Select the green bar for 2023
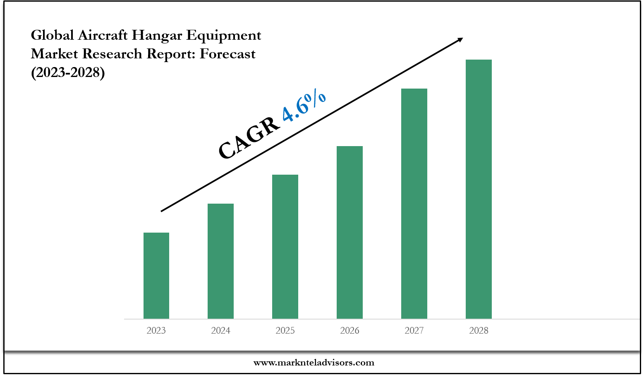coord(156,275)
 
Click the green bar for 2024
coord(220,261)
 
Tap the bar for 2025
coord(285,246)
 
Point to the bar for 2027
coord(414,203)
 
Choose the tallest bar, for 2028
coord(479,189)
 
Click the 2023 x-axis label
coord(156,330)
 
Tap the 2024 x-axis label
coord(220,330)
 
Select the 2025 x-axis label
coord(285,330)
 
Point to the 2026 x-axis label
coord(350,330)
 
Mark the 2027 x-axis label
coord(414,330)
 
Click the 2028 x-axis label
coord(479,330)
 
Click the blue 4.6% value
coord(304,107)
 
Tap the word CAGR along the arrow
coord(249,137)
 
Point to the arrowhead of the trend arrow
coord(460,39)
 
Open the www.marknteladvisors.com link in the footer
coord(314,363)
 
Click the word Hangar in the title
coord(157,36)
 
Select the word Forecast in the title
coord(227,54)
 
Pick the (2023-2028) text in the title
coord(68,72)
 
